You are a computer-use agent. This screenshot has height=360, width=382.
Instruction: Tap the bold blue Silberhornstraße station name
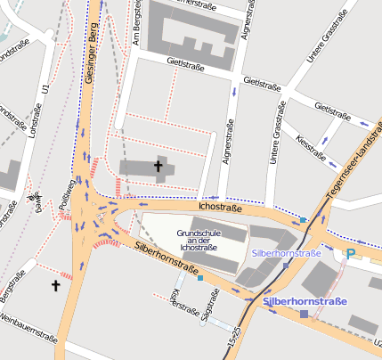(306, 302)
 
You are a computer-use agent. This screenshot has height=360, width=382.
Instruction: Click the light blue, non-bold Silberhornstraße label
(286, 254)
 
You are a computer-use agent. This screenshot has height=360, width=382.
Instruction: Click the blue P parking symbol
(350, 254)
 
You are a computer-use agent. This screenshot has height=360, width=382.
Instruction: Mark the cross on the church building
(159, 165)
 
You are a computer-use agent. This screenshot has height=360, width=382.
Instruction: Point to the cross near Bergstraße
(55, 285)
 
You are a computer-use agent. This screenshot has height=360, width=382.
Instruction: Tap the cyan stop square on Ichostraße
(304, 219)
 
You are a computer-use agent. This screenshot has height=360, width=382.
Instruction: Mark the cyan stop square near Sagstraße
(200, 278)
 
